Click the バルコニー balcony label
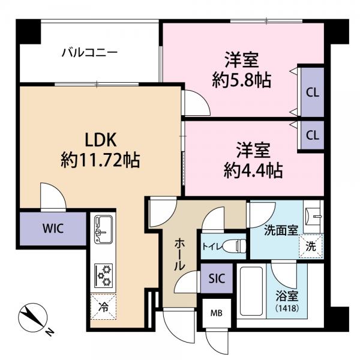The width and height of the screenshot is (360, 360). pos(89,53)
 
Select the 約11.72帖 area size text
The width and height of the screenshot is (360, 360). pos(100,160)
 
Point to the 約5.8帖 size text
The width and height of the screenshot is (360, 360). pos(241,80)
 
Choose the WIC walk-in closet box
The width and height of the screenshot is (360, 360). pos(52,229)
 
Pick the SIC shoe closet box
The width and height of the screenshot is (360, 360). pos(217,278)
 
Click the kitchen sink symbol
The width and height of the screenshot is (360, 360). pos(103,230)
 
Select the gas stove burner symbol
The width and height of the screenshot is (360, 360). pos(103,275)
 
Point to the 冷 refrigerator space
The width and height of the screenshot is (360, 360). pos(103,308)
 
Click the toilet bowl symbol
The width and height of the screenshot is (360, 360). pos(239,245)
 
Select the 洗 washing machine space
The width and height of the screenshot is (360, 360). pos(311,245)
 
